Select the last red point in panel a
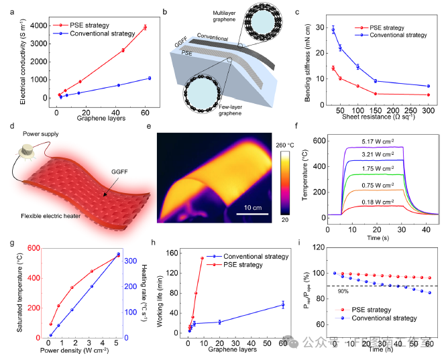tap(145, 27)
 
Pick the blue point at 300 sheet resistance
tap(429, 86)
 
